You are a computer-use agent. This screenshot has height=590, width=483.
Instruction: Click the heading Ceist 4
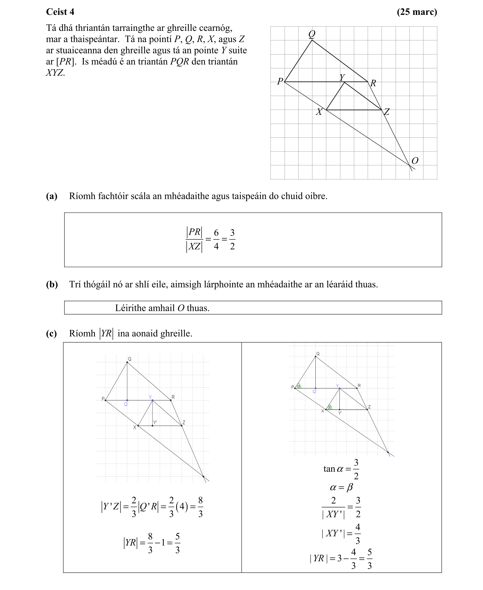(x=60, y=12)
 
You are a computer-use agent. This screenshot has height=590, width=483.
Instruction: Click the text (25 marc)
(x=417, y=12)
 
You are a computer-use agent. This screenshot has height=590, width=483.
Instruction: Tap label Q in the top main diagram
(x=312, y=34)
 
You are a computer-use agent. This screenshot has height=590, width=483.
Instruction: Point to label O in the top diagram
(x=414, y=161)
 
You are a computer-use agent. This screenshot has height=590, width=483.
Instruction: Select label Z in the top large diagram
(x=387, y=112)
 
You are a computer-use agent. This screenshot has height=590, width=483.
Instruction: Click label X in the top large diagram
(x=319, y=112)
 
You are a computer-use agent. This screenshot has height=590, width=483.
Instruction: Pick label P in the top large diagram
(x=280, y=81)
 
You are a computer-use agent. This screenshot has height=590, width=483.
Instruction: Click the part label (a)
(x=52, y=196)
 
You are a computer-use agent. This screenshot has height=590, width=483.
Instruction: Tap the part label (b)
(x=52, y=284)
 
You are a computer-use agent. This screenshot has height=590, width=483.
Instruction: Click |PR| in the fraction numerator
(x=194, y=232)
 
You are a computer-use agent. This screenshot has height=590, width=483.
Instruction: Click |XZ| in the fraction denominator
(x=194, y=246)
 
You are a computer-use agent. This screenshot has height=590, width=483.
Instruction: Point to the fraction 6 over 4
(x=216, y=239)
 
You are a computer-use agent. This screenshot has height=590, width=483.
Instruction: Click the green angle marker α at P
(x=299, y=386)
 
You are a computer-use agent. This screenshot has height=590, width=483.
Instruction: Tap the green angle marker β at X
(x=330, y=407)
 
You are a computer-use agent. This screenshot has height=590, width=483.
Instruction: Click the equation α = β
(x=341, y=487)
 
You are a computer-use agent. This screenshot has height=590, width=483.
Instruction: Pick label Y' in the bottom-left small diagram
(x=155, y=422)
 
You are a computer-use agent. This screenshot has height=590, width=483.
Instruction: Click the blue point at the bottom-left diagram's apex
(x=204, y=476)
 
